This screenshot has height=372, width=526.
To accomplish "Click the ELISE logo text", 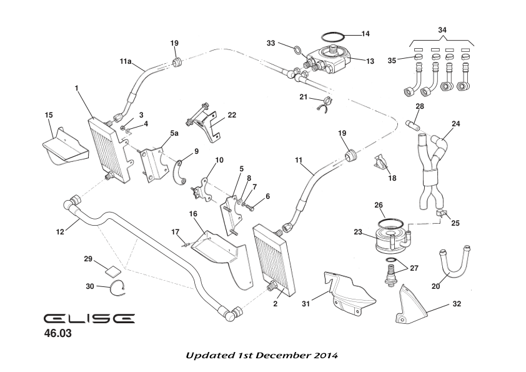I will pyautogui.click(x=89, y=318).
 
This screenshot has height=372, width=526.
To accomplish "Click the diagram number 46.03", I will pyautogui.click(x=57, y=334).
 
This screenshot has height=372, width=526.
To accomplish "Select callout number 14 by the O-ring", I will pyautogui.click(x=365, y=34).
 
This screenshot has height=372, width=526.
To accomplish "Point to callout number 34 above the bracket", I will pyautogui.click(x=442, y=29).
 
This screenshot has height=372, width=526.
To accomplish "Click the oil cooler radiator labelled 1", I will pyautogui.click(x=111, y=149).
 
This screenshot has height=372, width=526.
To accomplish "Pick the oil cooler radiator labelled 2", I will pyautogui.click(x=275, y=259).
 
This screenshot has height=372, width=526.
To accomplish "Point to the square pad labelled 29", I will pyautogui.click(x=112, y=271).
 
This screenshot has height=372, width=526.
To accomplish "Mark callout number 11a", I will pyautogui.click(x=126, y=62).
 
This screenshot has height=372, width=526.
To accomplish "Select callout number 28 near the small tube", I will pyautogui.click(x=420, y=106).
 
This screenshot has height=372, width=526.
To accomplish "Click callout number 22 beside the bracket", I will pyautogui.click(x=232, y=115).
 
